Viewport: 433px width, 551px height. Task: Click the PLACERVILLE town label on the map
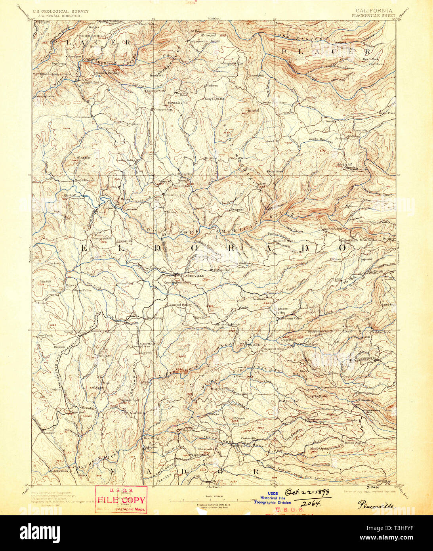click(x=193, y=275)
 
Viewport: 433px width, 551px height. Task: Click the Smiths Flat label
click(x=221, y=270)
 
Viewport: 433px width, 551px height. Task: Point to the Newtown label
click(x=260, y=298)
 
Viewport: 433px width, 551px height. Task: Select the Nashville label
click(x=135, y=413)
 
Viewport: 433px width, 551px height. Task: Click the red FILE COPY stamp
click(x=121, y=500)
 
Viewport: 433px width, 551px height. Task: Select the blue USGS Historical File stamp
click(x=273, y=498)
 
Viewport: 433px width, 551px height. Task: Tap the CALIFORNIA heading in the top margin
click(x=374, y=11)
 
